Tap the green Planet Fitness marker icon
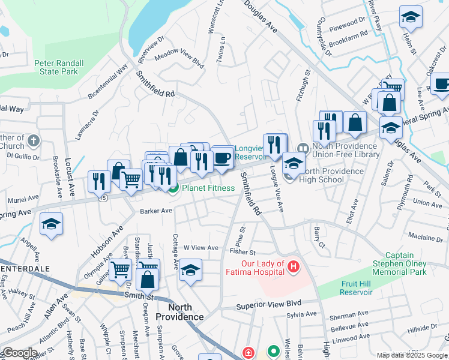click(x=173, y=188)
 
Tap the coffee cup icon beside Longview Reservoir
click(x=222, y=158)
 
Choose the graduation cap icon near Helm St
click(x=411, y=17)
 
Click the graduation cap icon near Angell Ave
click(x=52, y=224)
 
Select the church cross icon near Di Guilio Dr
click(x=34, y=142)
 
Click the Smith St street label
click(x=139, y=295)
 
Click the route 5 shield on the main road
click(x=104, y=198)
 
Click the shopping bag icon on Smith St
click(x=148, y=280)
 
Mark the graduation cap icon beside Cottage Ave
click(x=190, y=271)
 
